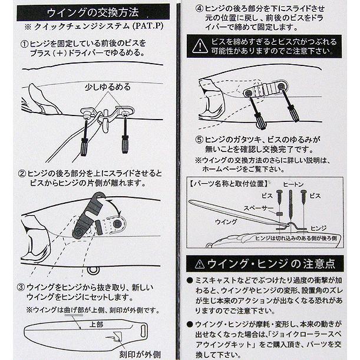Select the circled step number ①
(25, 44)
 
